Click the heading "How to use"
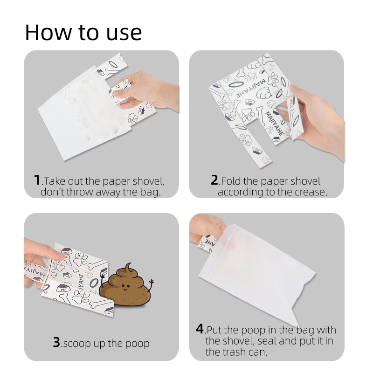pos(83,32)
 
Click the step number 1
pos(37,180)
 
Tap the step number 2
pos(214,180)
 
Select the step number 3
pos(56,343)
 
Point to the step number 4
pos(200,329)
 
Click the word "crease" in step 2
pos(310,192)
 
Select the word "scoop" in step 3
pos(77,344)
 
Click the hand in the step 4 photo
pos(205,228)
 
